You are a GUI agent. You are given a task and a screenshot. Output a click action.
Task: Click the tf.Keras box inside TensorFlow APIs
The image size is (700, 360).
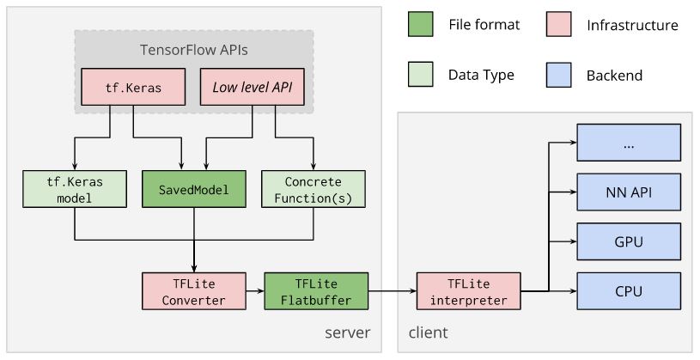133,88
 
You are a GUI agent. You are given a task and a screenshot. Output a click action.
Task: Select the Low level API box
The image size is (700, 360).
252,88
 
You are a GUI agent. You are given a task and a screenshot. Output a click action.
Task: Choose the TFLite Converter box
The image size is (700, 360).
194,291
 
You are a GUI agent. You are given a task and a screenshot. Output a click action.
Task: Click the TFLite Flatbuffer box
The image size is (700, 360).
315,291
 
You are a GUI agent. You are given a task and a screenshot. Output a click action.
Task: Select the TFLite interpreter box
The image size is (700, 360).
467,291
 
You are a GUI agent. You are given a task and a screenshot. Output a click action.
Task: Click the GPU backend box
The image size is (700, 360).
629,241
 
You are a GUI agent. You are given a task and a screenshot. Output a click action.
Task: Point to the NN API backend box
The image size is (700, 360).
629,192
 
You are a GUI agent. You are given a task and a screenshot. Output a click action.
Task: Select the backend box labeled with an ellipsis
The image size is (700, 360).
629,142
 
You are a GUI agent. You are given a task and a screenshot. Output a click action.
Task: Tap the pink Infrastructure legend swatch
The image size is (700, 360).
558,26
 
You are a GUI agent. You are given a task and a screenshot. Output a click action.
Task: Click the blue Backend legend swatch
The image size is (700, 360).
558,76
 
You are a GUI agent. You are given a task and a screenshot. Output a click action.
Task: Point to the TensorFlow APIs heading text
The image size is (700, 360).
194,50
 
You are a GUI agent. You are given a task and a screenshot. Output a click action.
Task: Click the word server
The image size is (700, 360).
347,333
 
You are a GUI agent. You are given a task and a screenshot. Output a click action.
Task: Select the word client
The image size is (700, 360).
428,333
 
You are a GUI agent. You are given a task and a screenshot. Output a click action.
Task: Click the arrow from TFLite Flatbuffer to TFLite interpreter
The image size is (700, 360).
392,291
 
